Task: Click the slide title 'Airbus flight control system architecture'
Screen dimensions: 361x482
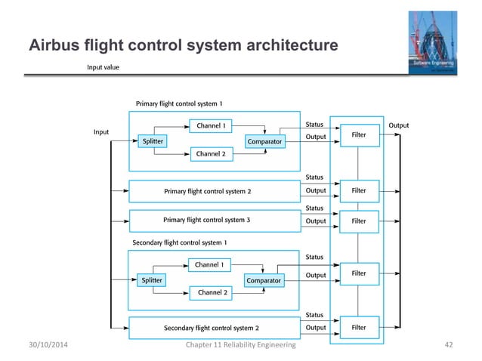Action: (x=182, y=48)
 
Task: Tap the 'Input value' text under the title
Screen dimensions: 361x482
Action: (x=103, y=67)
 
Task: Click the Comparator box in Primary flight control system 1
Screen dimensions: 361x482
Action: (x=264, y=140)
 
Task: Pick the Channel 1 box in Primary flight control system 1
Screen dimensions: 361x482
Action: (x=211, y=125)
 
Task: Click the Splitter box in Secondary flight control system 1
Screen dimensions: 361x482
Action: (x=152, y=280)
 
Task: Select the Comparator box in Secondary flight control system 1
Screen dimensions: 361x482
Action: (x=263, y=280)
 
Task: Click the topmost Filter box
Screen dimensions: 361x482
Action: (x=359, y=135)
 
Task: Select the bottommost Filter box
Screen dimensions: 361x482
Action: (x=359, y=328)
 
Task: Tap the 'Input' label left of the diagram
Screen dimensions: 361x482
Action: (x=100, y=131)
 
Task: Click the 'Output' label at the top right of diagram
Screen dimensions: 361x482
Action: (x=398, y=124)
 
